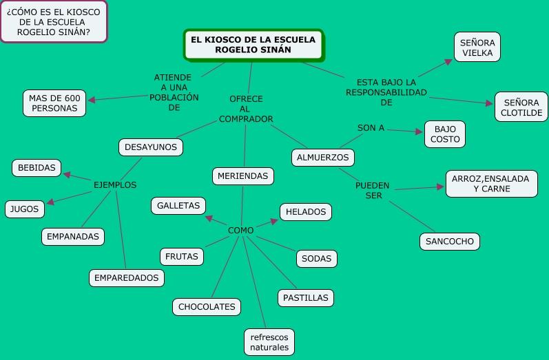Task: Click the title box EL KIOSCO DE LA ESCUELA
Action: click(x=253, y=45)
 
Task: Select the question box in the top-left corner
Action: click(x=53, y=23)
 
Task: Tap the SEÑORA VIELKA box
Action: click(x=477, y=47)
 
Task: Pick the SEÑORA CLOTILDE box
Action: click(x=521, y=107)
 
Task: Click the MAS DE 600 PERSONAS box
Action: click(x=54, y=103)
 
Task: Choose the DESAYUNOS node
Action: click(x=151, y=147)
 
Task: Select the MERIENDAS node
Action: click(x=242, y=176)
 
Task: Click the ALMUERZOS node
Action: click(x=322, y=157)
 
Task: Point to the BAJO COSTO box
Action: click(x=445, y=134)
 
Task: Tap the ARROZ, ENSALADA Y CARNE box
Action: click(x=490, y=183)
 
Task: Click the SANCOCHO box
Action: click(x=449, y=242)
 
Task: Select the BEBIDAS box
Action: click(x=37, y=167)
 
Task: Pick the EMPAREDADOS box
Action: click(x=127, y=277)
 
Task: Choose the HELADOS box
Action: click(x=306, y=212)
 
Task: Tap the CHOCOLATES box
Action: click(x=207, y=306)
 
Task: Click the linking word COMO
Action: click(x=240, y=230)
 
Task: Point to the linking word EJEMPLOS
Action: click(x=115, y=185)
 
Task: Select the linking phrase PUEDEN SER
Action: click(x=373, y=191)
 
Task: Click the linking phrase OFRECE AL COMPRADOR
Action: click(x=246, y=109)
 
